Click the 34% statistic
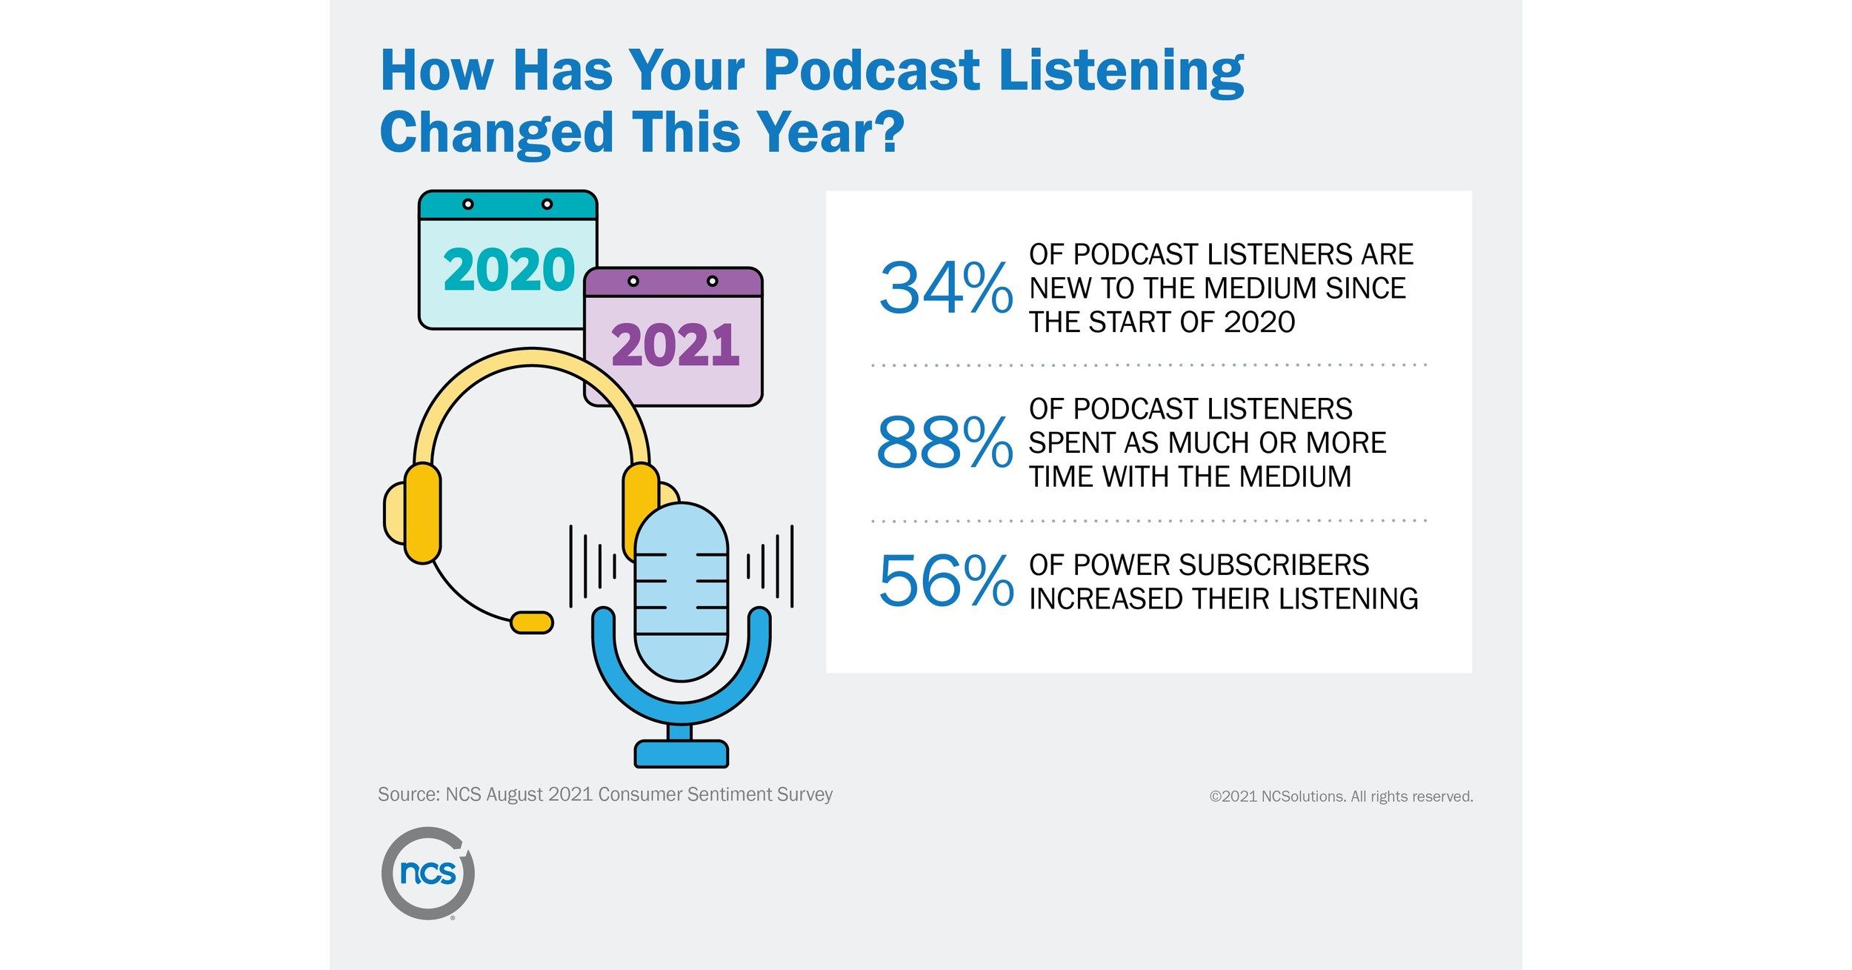pos(945,288)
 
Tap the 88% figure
pos(944,443)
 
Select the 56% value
pos(945,581)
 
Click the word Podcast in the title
pos(872,71)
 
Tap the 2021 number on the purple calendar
pos(675,346)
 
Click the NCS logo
pos(428,873)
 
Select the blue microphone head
pos(682,591)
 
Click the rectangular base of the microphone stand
pos(682,754)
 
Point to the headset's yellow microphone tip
pos(532,622)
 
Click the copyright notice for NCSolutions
pos(1341,797)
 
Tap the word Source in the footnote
pos(408,794)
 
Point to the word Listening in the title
pos(1121,71)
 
